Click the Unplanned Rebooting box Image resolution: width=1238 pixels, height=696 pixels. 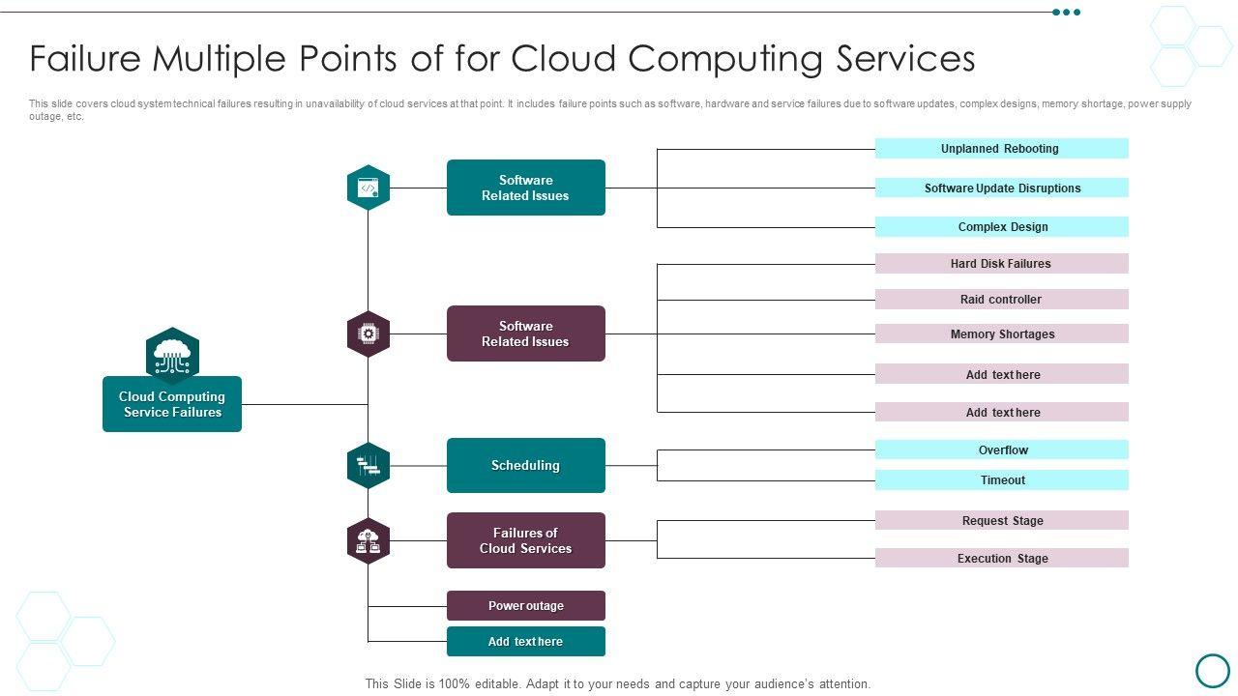tap(1001, 149)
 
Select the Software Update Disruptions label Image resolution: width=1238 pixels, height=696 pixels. tap(1002, 188)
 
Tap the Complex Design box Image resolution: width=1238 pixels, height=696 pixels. tap(1002, 227)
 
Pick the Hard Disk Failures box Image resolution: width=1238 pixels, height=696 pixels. tap(1001, 264)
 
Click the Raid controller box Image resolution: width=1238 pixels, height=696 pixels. tap(1001, 300)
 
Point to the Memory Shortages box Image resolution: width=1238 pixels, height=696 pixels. tap(1001, 334)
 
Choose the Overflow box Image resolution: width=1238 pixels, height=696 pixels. tap(1002, 450)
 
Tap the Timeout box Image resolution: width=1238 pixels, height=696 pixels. tap(1002, 480)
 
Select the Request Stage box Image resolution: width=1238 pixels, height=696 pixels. tap(1002, 521)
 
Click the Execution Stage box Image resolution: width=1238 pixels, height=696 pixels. tap(1002, 559)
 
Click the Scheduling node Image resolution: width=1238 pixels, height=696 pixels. tap(525, 466)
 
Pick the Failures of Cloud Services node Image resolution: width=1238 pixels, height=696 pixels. tap(525, 540)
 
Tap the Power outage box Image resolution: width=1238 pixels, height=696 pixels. tap(525, 606)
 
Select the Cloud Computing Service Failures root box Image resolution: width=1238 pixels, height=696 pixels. tap(172, 404)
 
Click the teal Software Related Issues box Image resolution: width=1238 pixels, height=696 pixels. tap(525, 188)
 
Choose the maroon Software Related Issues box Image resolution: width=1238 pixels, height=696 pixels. tap(525, 333)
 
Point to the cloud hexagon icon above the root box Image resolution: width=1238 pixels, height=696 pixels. tap(172, 355)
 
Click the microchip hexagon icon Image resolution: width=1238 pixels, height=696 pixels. tap(368, 333)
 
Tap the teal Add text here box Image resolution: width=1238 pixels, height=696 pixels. tap(525, 642)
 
